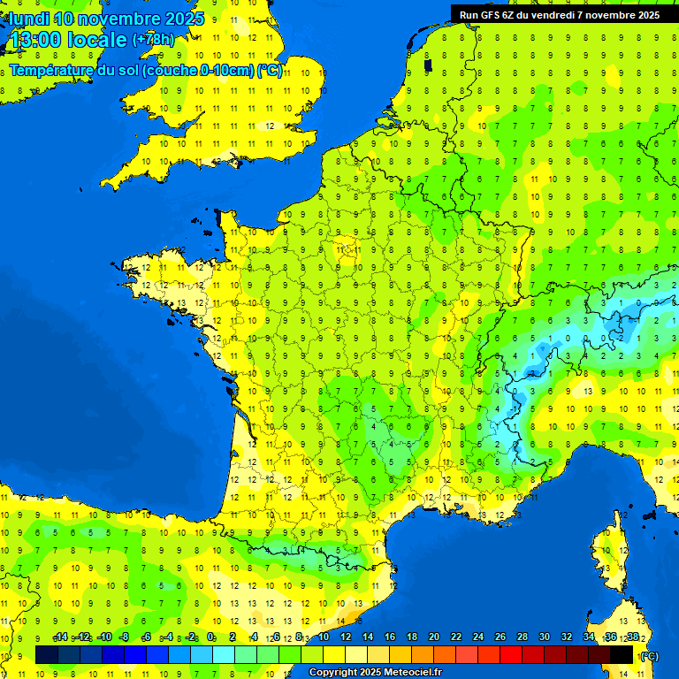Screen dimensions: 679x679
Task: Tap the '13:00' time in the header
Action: click(x=34, y=40)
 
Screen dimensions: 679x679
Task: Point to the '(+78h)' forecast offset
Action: click(x=153, y=40)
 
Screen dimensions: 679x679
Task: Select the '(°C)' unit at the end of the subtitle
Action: click(x=270, y=71)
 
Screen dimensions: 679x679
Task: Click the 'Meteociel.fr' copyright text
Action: click(x=408, y=673)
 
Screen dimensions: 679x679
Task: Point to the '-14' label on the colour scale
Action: click(x=60, y=637)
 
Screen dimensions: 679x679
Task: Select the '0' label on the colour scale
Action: click(x=211, y=637)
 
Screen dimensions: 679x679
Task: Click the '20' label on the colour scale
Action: click(x=433, y=637)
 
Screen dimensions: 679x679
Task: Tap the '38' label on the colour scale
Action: click(x=632, y=637)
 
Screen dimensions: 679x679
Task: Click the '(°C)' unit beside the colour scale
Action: click(x=649, y=656)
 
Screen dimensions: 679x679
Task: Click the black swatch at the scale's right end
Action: click(x=622, y=654)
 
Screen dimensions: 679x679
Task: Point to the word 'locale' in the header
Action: click(x=97, y=40)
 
